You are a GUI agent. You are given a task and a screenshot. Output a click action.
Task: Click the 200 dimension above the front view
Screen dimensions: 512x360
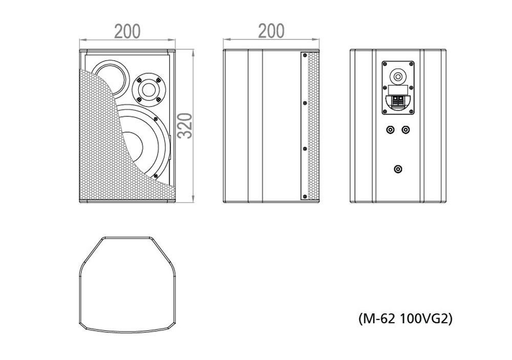tap(127, 31)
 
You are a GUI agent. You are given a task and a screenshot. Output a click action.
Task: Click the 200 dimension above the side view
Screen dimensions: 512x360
tap(271, 31)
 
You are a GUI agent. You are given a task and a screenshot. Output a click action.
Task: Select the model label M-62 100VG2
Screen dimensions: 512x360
tap(405, 319)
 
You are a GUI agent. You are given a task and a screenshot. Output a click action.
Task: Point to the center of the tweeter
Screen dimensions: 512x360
tap(148, 89)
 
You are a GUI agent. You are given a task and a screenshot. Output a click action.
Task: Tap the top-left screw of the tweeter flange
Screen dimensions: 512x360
tap(139, 79)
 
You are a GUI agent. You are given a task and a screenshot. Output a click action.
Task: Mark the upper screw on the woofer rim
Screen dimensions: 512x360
tap(156, 119)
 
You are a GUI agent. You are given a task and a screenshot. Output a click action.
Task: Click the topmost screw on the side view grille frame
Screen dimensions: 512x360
tap(305, 55)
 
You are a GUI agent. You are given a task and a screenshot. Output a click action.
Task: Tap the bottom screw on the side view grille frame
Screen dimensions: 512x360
tap(305, 196)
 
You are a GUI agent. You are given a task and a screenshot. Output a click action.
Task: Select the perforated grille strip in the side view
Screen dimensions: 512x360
tap(313, 126)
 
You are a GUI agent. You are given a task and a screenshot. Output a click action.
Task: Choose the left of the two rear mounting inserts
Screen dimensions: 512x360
tap(390, 130)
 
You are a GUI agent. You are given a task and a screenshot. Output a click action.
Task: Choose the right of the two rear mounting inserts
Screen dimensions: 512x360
tap(405, 130)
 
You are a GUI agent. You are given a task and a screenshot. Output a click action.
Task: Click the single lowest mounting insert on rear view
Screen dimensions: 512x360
tap(398, 169)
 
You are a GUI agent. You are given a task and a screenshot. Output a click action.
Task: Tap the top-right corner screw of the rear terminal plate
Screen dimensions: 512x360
tap(411, 63)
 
